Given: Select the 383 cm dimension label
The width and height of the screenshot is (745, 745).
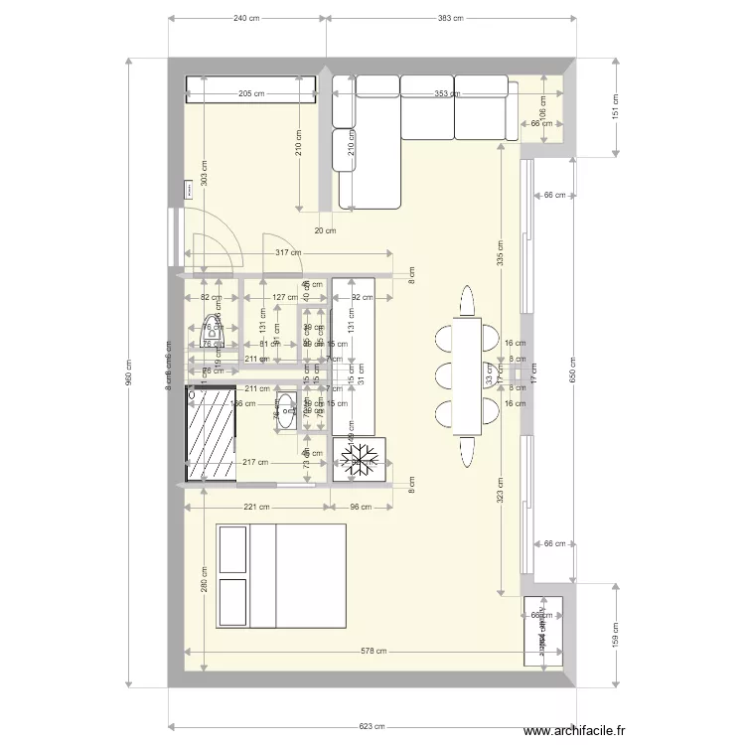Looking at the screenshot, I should point(451,18).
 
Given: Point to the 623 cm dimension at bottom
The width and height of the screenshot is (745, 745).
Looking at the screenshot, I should point(372,726).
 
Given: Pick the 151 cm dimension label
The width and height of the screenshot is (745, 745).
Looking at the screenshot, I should point(615,105).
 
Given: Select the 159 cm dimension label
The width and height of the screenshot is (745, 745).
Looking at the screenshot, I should point(615,633).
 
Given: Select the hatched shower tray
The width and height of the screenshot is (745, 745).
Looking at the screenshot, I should point(211,433).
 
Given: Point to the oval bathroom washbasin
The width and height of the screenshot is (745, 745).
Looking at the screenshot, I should point(286,410).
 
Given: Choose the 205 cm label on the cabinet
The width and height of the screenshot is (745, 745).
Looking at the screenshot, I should point(251,94).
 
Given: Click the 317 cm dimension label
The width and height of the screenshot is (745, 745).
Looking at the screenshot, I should point(289,252).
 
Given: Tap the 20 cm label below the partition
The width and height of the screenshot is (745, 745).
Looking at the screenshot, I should point(325,230).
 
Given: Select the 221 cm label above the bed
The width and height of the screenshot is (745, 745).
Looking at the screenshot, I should point(256,508).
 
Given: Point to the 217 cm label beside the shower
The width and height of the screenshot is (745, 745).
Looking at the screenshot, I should point(255,462).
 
